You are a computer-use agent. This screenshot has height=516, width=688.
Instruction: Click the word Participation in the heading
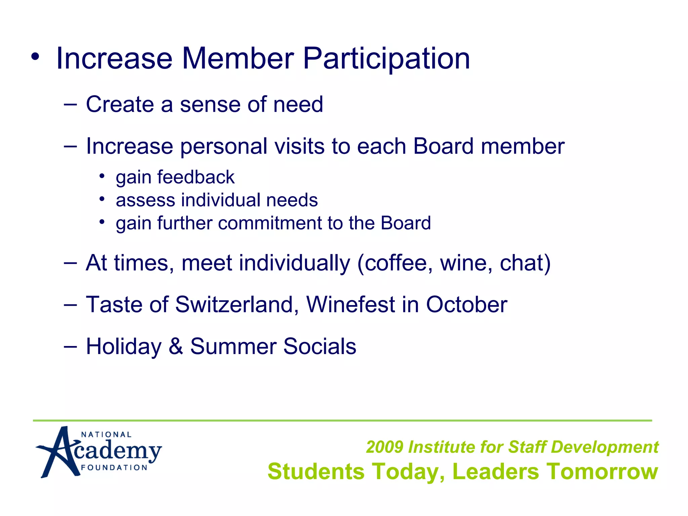[x=386, y=59]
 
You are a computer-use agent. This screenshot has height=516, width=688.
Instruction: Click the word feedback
[x=196, y=177]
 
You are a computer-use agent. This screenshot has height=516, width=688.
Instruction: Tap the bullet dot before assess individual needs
[x=102, y=199]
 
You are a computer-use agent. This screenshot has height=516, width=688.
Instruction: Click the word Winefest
[x=350, y=305]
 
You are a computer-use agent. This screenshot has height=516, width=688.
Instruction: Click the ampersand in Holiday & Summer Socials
[x=176, y=346]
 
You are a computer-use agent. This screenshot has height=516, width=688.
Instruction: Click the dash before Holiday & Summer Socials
[x=70, y=346]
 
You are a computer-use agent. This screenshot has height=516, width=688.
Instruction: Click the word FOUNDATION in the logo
[x=114, y=468]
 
